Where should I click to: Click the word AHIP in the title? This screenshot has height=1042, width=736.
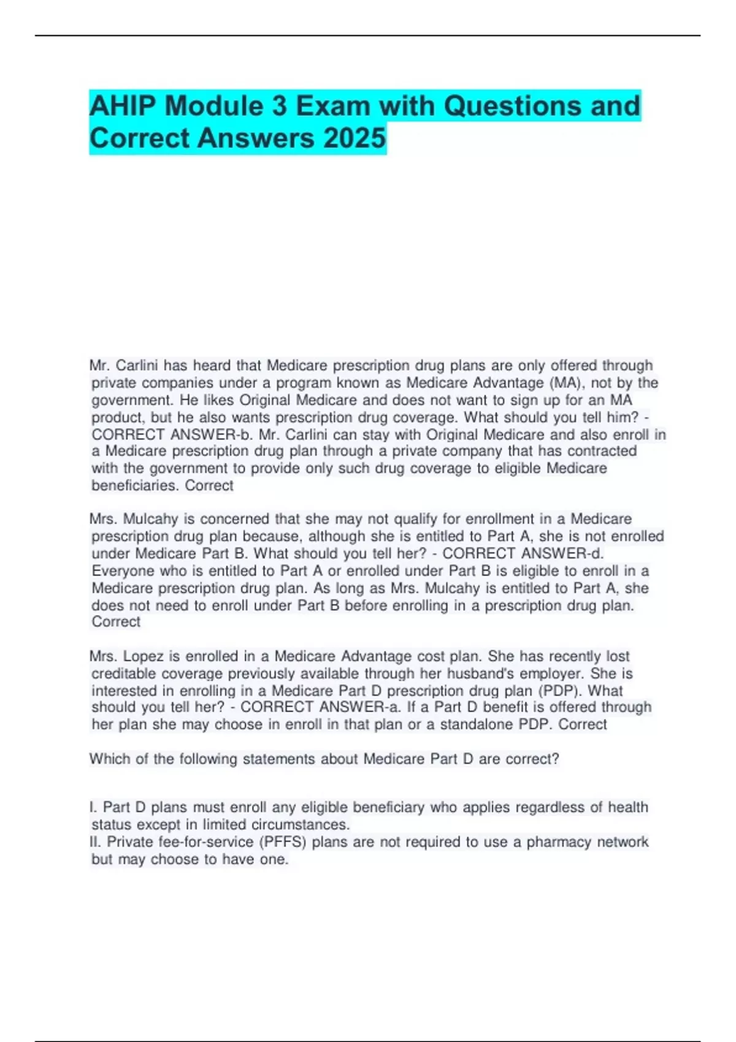(x=123, y=106)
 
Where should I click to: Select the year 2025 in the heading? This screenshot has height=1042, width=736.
(x=355, y=138)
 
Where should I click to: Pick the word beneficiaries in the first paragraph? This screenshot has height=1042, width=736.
(x=136, y=485)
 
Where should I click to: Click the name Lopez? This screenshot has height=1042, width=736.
(x=144, y=656)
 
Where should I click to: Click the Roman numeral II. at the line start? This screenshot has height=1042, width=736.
(x=96, y=842)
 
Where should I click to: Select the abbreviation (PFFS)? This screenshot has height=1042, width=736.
(x=283, y=842)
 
